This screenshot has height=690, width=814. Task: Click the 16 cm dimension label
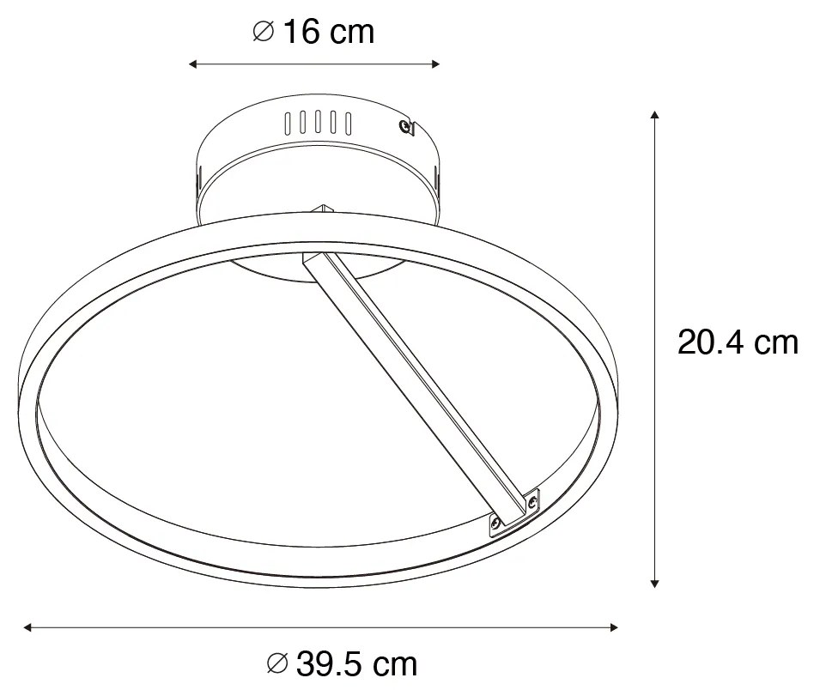(329, 33)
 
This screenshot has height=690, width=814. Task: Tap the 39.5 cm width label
(356, 663)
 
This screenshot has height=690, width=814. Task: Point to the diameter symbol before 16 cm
(263, 33)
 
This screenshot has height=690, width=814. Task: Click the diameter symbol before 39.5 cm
(276, 663)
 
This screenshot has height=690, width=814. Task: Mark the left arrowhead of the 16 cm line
(193, 64)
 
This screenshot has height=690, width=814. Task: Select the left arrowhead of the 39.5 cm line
(27, 627)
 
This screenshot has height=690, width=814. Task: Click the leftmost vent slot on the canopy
(289, 123)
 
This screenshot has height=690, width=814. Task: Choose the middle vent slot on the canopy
(318, 123)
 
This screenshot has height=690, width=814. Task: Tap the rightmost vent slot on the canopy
(348, 123)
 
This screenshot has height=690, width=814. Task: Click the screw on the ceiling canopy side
(404, 128)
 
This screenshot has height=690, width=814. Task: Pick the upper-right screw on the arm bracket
(533, 499)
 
